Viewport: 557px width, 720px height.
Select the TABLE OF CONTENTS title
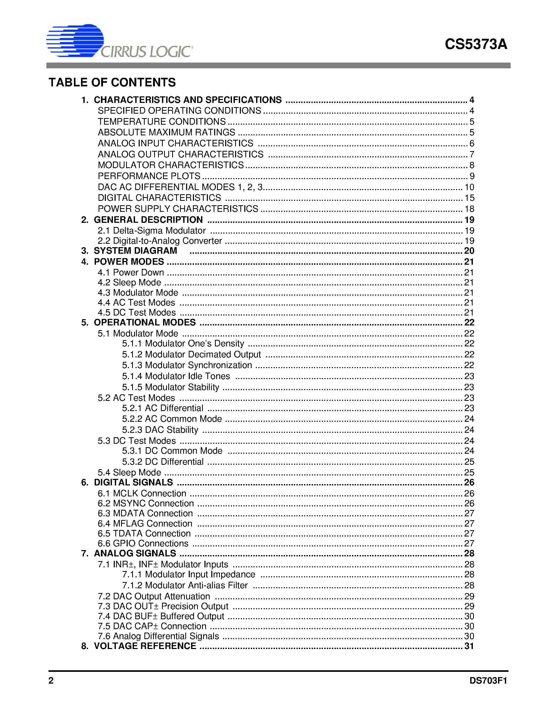pyautogui.click(x=112, y=82)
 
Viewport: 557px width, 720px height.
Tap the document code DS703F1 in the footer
pyautogui.click(x=488, y=680)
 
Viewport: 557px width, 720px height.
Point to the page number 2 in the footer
pyautogui.click(x=51, y=680)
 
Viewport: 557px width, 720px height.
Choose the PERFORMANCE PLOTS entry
pyautogui.click(x=149, y=176)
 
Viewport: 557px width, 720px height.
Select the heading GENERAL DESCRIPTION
pyautogui.click(x=148, y=220)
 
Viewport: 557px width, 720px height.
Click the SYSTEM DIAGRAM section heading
pyautogui.click(x=135, y=251)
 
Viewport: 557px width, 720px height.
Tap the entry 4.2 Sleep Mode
pyautogui.click(x=129, y=283)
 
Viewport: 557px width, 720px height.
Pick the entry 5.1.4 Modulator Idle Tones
pyautogui.click(x=176, y=376)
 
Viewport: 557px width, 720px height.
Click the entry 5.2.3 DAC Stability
pyautogui.click(x=160, y=430)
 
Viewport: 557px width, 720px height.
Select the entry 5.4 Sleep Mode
pyautogui.click(x=129, y=472)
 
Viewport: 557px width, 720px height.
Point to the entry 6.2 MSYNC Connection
pyautogui.click(x=145, y=503)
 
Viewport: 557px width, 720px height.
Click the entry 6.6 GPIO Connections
pyautogui.click(x=143, y=543)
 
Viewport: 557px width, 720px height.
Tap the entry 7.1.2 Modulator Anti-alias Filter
pyautogui.click(x=185, y=585)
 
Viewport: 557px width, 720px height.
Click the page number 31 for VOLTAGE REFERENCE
pyautogui.click(x=469, y=646)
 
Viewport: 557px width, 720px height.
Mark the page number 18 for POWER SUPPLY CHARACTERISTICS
pyautogui.click(x=469, y=209)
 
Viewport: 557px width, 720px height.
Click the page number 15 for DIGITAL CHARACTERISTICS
pyautogui.click(x=469, y=198)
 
